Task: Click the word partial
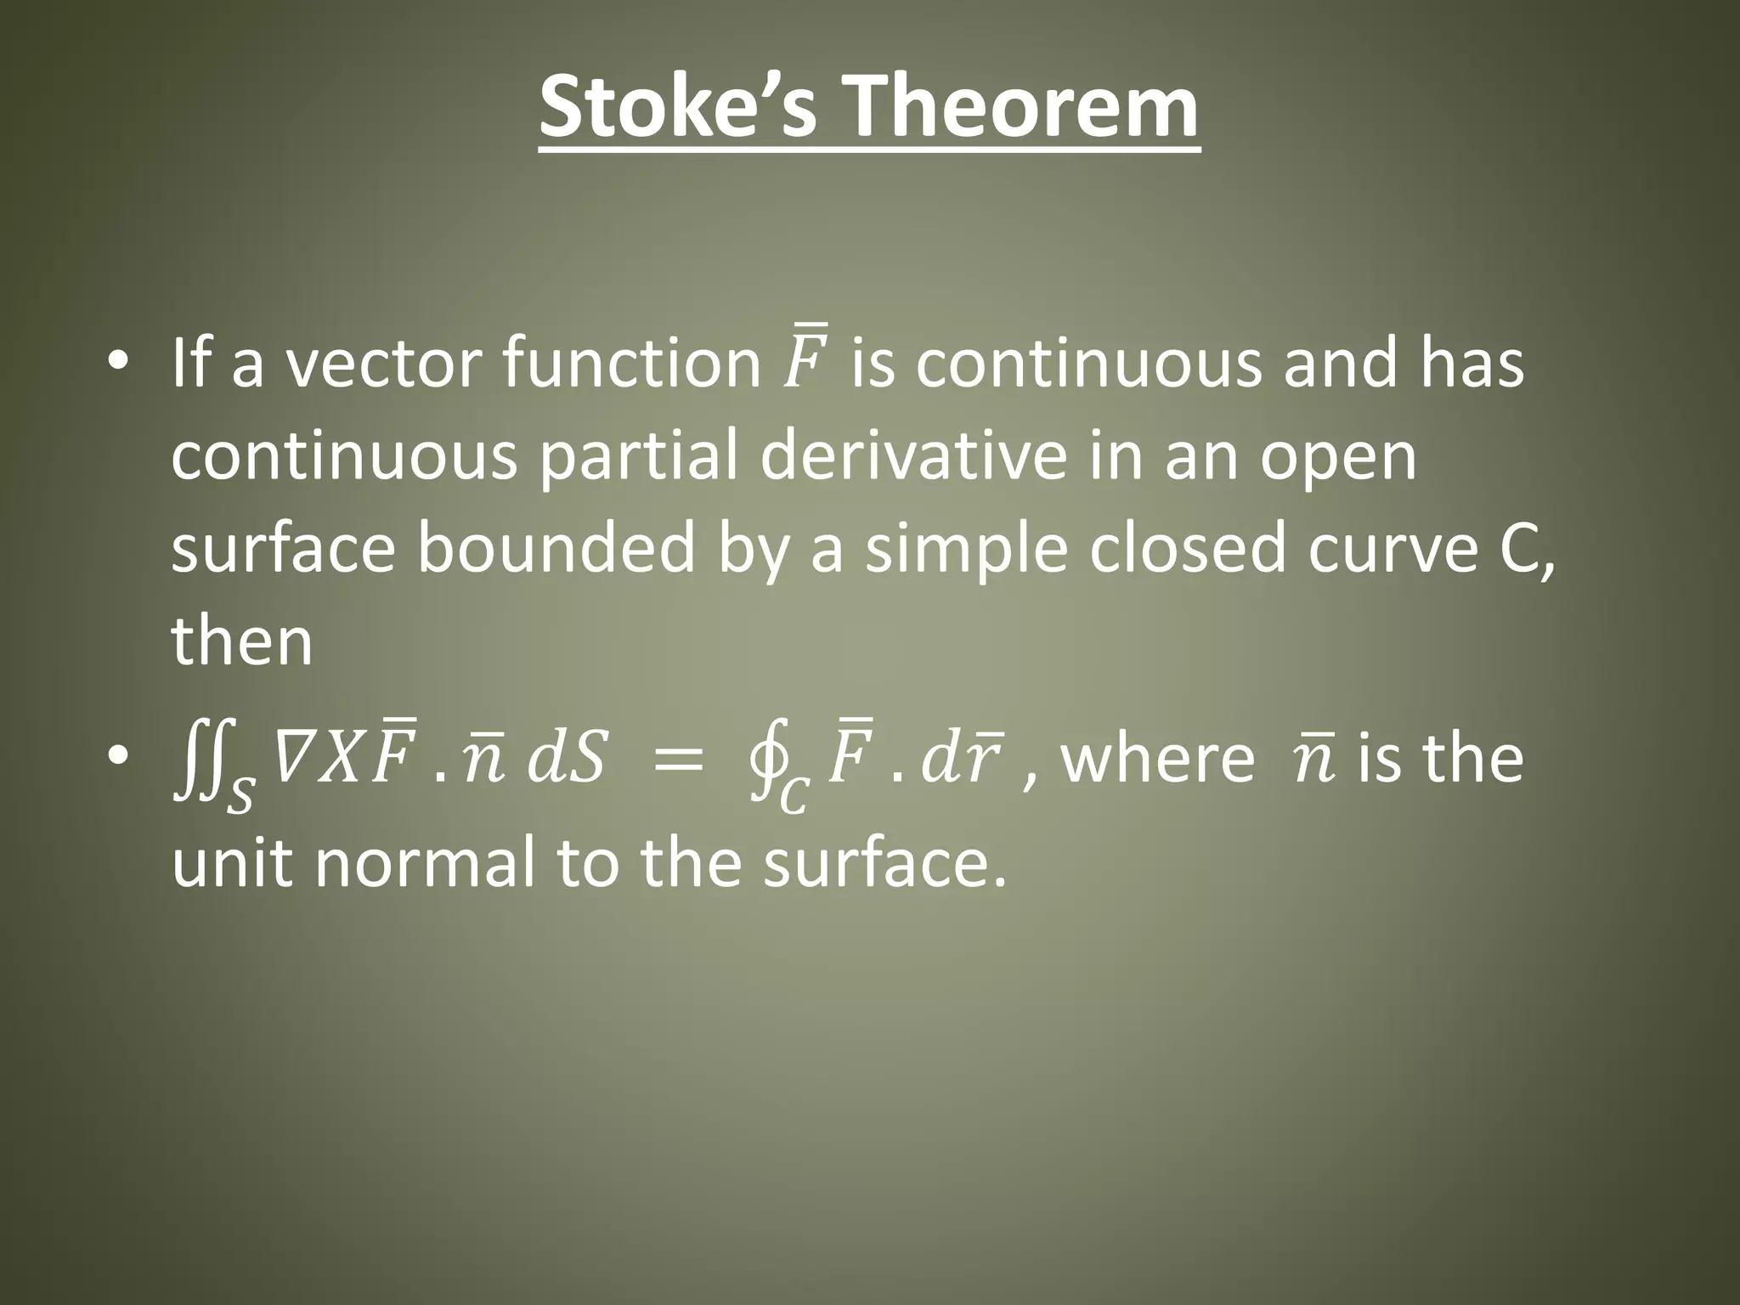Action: click(641, 456)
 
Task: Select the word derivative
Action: click(912, 456)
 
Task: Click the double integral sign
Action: click(197, 760)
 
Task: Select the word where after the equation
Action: click(1157, 759)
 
